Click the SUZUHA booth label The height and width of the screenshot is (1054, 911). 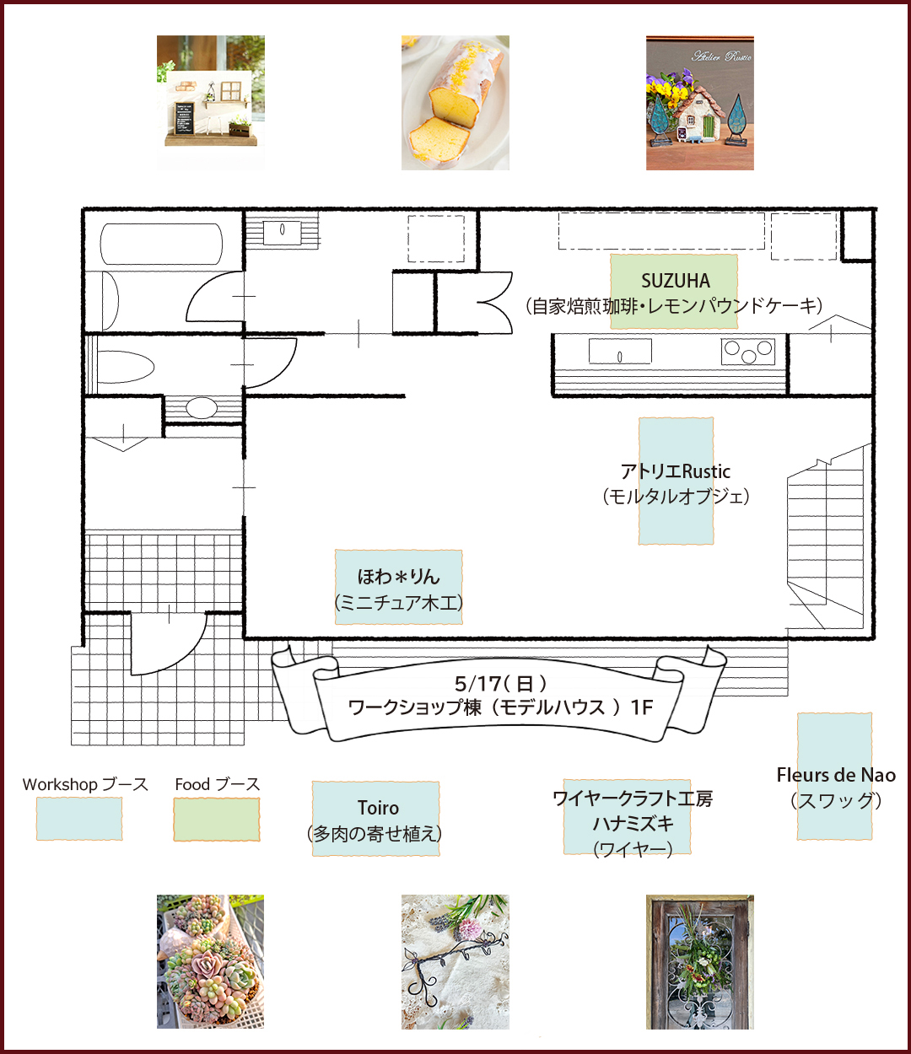[676, 281]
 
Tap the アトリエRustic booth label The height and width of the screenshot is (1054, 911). [676, 471]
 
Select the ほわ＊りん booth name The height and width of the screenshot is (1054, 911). [398, 577]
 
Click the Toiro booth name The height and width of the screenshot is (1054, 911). [378, 808]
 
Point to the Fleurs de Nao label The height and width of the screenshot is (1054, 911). [836, 775]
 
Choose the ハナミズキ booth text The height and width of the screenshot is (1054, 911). [633, 824]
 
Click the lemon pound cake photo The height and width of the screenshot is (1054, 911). [455, 103]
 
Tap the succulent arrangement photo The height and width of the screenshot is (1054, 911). [210, 962]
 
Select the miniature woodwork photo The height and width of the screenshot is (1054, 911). [210, 103]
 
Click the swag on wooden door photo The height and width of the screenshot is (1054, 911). [700, 962]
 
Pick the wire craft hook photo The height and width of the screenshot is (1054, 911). [455, 962]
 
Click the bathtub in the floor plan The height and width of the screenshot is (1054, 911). [161, 244]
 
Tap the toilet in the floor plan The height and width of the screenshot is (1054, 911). [126, 367]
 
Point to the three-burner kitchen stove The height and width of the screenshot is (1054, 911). [747, 352]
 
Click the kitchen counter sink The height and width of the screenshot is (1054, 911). [620, 352]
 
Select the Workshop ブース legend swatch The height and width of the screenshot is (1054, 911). [79, 819]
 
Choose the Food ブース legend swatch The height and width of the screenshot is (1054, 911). [216, 819]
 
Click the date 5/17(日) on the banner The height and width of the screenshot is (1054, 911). [500, 683]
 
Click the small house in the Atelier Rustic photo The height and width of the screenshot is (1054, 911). [698, 114]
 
